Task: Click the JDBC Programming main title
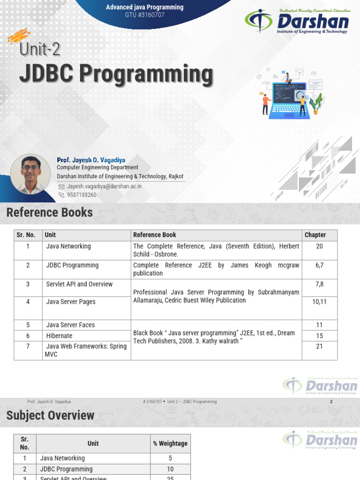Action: pos(115,75)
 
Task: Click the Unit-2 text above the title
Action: pos(40,50)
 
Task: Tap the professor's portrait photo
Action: pos(30,174)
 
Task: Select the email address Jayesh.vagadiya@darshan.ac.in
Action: pos(104,186)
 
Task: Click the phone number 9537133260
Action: pos(82,195)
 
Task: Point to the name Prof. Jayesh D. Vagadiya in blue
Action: pos(91,160)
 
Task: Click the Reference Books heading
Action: pos(50,212)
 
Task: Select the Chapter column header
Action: pos(315,235)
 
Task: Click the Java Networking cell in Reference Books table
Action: pos(68,246)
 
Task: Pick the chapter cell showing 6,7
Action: pos(319,265)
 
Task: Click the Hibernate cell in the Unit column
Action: pos(59,336)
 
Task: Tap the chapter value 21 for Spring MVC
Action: pos(319,346)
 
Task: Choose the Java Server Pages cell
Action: pos(71,302)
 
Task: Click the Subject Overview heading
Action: pos(50,415)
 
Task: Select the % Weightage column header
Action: pos(170,443)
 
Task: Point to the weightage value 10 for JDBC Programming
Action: pos(170,469)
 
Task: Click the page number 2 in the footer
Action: pos(331,402)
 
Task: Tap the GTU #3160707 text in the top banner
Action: pos(144,15)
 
